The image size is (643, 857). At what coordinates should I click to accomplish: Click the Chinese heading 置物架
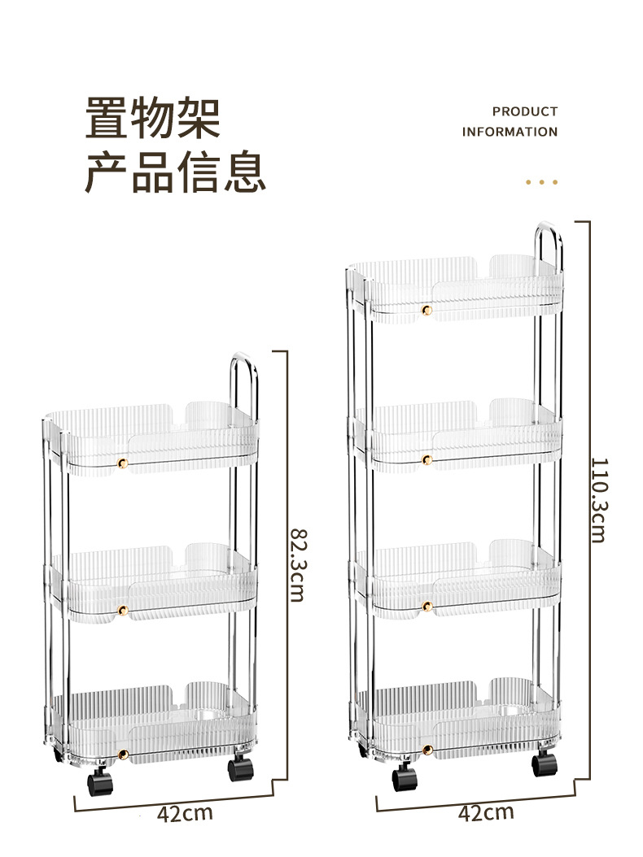[152, 118]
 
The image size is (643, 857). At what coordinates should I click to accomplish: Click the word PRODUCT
[525, 111]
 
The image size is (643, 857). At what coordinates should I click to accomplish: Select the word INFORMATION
[510, 132]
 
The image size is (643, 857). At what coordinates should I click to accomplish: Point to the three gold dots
[541, 182]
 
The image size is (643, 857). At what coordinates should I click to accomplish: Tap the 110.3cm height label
[599, 499]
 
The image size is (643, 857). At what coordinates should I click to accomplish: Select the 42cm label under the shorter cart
[185, 813]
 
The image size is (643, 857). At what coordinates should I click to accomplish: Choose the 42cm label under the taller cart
[486, 811]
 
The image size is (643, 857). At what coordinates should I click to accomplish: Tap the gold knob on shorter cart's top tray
[123, 463]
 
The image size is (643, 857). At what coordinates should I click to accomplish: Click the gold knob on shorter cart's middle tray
[123, 610]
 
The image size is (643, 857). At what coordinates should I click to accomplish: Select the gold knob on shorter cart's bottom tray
[123, 756]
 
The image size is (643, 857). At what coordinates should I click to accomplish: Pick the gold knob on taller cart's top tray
[426, 310]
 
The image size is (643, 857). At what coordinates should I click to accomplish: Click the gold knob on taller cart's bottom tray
[426, 748]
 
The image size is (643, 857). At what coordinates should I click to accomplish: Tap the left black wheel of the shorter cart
[98, 782]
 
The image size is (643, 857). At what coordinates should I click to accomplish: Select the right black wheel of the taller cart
[544, 764]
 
